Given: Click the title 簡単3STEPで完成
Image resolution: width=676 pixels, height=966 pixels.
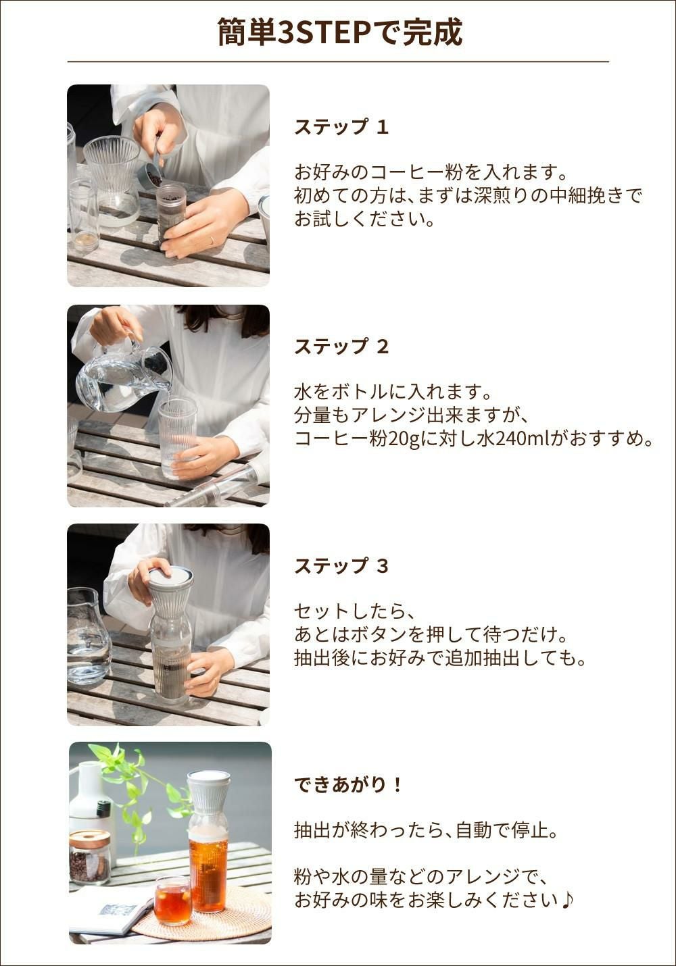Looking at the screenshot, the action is [340, 32].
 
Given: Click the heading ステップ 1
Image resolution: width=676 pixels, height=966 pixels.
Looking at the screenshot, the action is [341, 127].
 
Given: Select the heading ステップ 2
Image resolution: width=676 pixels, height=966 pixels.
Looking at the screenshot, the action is [341, 347].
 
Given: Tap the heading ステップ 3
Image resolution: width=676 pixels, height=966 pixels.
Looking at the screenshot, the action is [341, 566].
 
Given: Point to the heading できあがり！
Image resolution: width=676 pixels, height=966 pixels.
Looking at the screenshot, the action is [348, 785].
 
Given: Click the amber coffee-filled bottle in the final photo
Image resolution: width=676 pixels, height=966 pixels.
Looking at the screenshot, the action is [208, 871].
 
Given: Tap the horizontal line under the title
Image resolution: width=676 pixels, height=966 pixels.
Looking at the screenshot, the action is [338, 61].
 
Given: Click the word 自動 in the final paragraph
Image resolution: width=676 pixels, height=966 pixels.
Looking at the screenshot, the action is [475, 830].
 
